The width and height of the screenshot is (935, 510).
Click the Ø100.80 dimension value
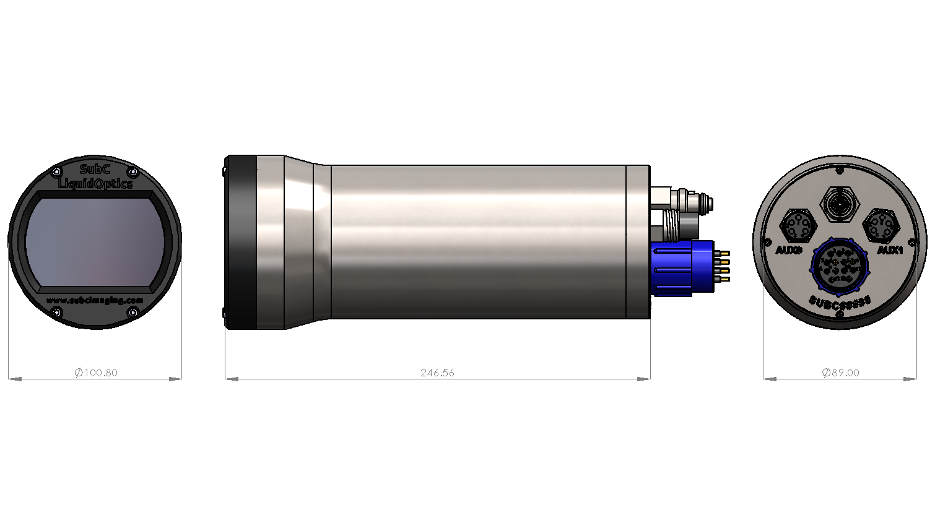click(95, 373)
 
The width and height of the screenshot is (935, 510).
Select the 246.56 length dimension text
click(437, 373)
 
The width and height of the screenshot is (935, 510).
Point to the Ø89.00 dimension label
click(840, 373)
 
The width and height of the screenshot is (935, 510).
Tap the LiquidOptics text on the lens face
click(95, 184)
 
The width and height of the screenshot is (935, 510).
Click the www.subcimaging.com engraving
click(95, 300)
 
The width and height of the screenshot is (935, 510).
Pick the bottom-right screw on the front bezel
click(133, 313)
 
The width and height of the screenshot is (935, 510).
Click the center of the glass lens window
click(95, 242)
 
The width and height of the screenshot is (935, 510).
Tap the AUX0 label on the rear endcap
click(789, 251)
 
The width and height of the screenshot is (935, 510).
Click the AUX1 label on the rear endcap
click(890, 251)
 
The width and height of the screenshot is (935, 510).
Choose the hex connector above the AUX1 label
click(880, 225)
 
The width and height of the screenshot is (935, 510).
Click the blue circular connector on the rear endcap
click(839, 267)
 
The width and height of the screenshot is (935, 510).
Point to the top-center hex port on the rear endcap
click(839, 202)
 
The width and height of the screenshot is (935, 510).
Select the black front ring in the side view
click(241, 242)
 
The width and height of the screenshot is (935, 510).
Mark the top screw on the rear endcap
click(840, 170)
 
